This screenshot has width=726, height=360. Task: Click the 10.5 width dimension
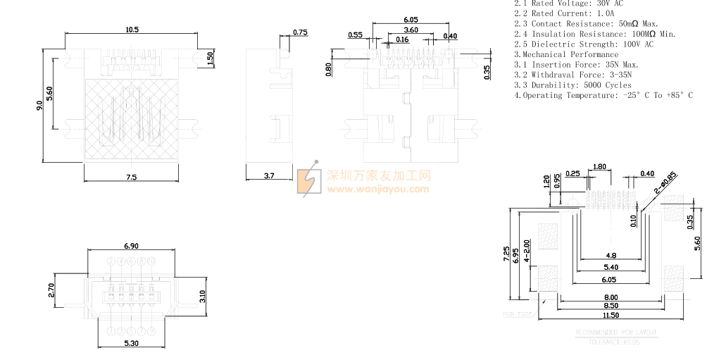[x=132, y=30]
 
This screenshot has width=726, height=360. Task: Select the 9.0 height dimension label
[x=39, y=106]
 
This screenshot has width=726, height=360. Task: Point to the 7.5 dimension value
[x=132, y=177]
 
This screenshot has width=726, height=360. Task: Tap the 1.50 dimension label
[x=211, y=58]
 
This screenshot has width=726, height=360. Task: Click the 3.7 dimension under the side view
[x=269, y=175]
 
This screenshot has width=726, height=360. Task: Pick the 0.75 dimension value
[x=300, y=32]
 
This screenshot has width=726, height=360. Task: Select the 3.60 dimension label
[x=411, y=30]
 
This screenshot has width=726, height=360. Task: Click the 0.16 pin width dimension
[x=402, y=39]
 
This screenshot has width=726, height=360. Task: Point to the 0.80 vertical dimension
[x=328, y=69]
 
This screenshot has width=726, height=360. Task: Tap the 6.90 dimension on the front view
[x=131, y=246]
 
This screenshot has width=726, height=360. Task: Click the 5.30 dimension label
[x=131, y=343]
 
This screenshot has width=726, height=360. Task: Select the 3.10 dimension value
[x=202, y=297]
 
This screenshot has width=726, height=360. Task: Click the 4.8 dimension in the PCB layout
[x=611, y=256]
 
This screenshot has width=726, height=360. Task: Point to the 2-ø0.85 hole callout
[x=665, y=182]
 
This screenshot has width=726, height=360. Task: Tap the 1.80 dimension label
[x=600, y=167]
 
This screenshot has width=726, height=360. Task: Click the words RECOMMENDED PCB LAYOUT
[x=616, y=332]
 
